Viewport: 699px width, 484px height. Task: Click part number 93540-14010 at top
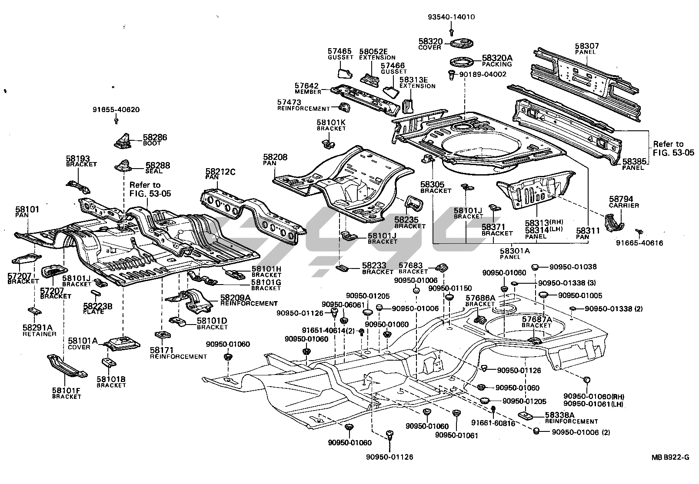click(451, 17)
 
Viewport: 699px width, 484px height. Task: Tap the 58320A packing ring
click(462, 61)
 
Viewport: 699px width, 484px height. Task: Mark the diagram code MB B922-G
click(670, 457)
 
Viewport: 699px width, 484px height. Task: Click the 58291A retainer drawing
click(34, 312)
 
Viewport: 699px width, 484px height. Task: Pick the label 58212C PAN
click(220, 175)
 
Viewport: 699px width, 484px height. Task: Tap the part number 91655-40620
click(116, 109)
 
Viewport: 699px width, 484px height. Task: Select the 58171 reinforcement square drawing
click(162, 336)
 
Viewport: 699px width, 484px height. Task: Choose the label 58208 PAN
click(275, 159)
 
